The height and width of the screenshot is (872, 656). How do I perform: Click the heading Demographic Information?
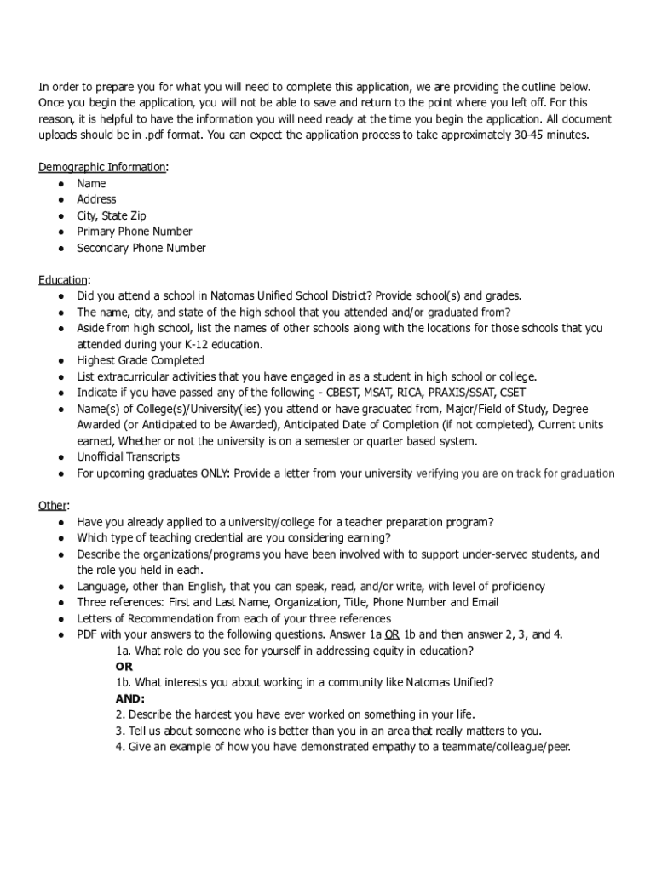(x=102, y=167)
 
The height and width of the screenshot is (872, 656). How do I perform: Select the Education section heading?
(x=62, y=280)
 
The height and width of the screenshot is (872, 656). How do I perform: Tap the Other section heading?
(x=53, y=506)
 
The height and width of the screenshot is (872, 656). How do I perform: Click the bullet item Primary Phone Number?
(x=134, y=232)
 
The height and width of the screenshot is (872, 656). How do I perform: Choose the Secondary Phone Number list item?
(x=141, y=248)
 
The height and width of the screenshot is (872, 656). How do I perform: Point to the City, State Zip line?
(x=112, y=215)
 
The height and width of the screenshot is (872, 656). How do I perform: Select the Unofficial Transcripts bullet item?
(x=128, y=457)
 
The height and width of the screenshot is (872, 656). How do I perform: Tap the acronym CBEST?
(x=343, y=393)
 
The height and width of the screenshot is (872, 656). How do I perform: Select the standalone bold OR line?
(x=124, y=667)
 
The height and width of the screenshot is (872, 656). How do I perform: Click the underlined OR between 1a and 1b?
(x=393, y=634)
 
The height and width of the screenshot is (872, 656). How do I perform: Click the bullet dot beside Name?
(x=61, y=184)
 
